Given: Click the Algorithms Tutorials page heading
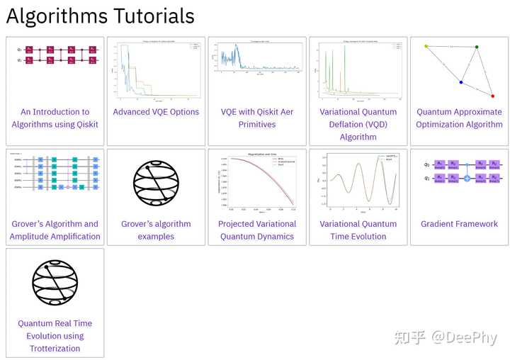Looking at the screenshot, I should click(100, 16).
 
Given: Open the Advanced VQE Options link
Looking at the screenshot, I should click(156, 112).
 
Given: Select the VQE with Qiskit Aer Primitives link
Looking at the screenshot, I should click(257, 118).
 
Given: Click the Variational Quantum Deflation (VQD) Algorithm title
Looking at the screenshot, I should click(358, 124).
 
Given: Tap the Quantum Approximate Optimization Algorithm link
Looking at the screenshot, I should click(459, 118).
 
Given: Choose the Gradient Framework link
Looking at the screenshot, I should click(459, 224).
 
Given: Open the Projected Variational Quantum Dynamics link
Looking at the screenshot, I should click(257, 230).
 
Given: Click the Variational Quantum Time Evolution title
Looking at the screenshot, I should click(358, 230).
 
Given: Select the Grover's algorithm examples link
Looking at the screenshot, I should click(156, 230).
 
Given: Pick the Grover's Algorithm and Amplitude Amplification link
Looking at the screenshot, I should click(55, 230).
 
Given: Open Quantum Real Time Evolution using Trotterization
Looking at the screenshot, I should click(55, 336).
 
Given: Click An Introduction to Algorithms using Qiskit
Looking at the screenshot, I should click(55, 118).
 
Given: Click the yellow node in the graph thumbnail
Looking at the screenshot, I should click(426, 47).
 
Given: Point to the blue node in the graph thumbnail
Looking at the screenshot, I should click(461, 82).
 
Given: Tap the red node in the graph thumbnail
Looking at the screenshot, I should click(493, 96).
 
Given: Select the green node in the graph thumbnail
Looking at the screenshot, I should click(477, 47).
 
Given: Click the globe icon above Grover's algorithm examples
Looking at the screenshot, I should click(156, 183).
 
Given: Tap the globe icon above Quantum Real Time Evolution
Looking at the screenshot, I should click(55, 282).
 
